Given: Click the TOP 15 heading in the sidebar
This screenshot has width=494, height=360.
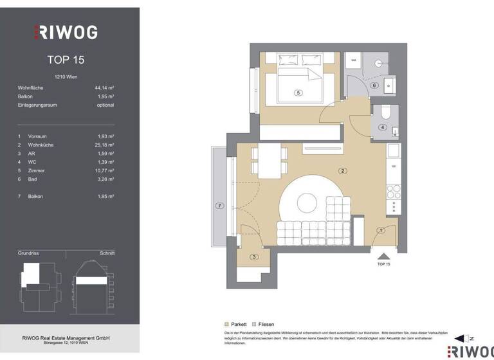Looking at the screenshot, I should (x=66, y=60).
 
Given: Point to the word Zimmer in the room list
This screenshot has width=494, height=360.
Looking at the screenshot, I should (x=36, y=170).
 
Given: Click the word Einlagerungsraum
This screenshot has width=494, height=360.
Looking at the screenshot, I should (x=38, y=105).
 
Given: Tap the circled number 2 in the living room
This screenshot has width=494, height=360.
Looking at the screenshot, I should (x=343, y=170).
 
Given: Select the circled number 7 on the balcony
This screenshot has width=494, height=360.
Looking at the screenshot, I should (x=219, y=206).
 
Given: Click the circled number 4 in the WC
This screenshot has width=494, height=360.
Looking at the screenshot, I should (x=383, y=127).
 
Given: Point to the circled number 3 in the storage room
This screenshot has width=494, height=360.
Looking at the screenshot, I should (x=253, y=257).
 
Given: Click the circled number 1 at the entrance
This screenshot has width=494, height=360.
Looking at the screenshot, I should (x=380, y=230).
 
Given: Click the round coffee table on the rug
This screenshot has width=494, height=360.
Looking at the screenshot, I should (x=306, y=203).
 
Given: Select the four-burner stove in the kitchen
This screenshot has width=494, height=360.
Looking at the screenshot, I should (x=393, y=192).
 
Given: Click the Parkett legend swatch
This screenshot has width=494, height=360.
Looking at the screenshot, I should (x=226, y=325).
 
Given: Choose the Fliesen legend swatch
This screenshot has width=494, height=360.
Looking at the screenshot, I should (x=255, y=325).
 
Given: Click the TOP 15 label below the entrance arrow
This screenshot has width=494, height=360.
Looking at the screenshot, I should (x=383, y=264).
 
